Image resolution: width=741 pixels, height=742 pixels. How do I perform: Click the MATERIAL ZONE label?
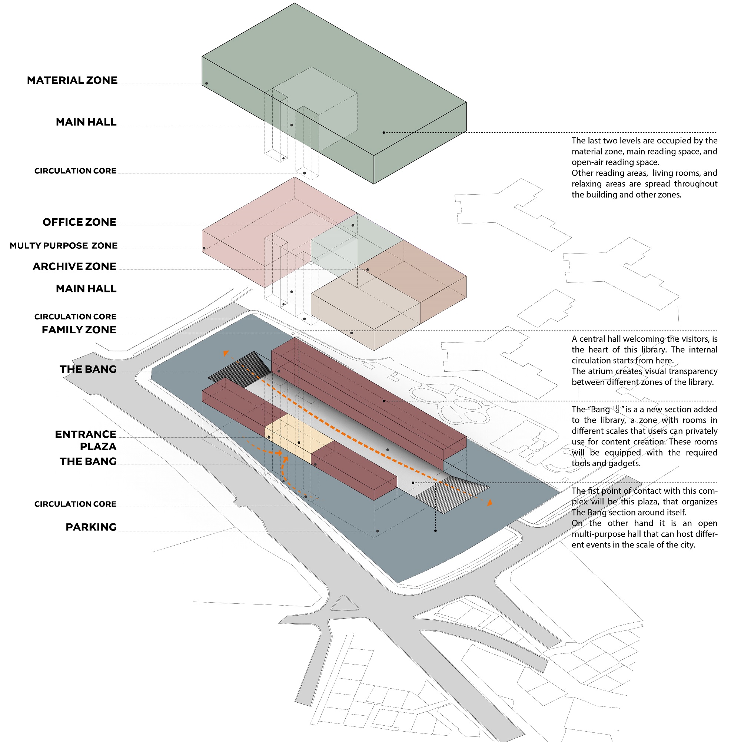point(72,80)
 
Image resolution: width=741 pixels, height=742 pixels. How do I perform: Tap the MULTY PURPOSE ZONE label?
point(63,245)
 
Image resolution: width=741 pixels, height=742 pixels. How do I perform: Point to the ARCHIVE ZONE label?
point(74,266)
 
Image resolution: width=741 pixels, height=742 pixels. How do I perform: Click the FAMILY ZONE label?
point(79,329)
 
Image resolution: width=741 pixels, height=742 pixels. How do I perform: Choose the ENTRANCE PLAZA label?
point(85,440)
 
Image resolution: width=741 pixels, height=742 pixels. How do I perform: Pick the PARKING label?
point(91,527)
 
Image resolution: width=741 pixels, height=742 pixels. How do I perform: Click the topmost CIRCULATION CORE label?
point(75,171)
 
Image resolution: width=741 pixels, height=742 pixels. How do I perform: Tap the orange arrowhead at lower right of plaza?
point(489,503)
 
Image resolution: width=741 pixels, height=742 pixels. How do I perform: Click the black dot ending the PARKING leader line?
point(378,531)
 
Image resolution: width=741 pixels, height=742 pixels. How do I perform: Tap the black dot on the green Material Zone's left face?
point(207,83)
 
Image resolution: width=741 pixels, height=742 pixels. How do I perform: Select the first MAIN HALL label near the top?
point(86,122)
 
